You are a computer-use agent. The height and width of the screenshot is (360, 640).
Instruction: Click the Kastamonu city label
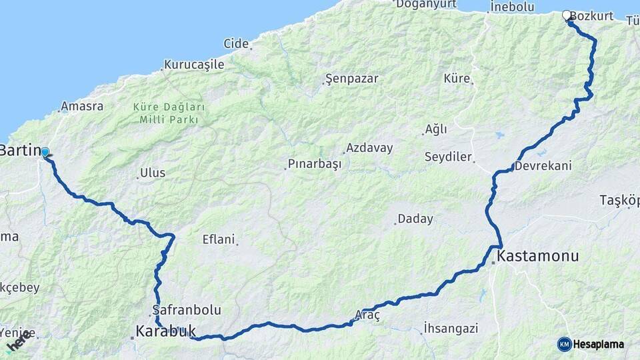click(x=538, y=255)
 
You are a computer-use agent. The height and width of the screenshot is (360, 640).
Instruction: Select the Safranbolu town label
click(x=186, y=310)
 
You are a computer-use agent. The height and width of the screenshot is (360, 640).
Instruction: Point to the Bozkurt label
click(x=592, y=15)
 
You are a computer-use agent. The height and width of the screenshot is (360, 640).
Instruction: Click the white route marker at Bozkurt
click(x=567, y=15)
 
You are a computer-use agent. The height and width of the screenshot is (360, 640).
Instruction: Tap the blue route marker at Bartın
click(x=45, y=152)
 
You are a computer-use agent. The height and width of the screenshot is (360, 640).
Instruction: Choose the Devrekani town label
click(x=543, y=165)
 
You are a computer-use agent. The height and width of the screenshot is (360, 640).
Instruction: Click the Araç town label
click(x=367, y=316)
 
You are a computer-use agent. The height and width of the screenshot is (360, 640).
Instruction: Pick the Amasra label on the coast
click(x=81, y=106)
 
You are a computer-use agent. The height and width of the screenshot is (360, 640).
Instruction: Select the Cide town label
click(x=235, y=43)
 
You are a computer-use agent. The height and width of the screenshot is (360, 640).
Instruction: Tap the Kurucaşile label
click(x=193, y=65)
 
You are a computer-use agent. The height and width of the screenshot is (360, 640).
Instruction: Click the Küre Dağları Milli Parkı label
click(x=169, y=113)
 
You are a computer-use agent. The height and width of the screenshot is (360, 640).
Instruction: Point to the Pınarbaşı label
click(x=314, y=163)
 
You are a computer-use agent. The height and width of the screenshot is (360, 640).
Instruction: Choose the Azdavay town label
click(x=369, y=148)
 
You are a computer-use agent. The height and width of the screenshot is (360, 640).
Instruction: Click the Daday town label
click(x=415, y=219)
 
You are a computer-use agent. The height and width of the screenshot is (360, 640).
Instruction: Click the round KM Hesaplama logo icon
click(x=565, y=344)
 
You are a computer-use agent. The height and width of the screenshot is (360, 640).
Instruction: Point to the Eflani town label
click(x=219, y=239)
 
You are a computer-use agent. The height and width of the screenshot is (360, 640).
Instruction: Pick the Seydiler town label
click(x=448, y=157)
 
